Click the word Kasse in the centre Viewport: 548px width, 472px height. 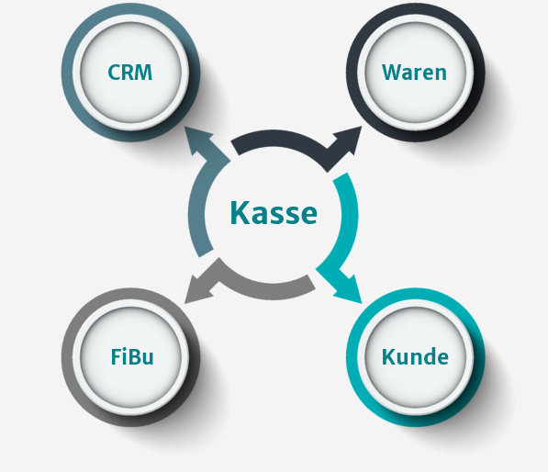274,213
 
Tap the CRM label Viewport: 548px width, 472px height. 130,73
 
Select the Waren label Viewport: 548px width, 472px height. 414,73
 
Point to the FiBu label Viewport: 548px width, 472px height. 132,356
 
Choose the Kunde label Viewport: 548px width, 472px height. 415,356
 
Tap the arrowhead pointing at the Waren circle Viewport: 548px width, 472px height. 348,140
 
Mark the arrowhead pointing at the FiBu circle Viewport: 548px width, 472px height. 198,289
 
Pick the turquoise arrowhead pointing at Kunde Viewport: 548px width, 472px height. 349,289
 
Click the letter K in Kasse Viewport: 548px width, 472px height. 240,213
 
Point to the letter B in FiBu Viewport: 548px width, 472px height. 136,356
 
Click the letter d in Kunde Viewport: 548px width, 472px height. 428,356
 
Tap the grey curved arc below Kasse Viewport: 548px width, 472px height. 265,291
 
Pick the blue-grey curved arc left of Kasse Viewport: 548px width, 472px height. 196,209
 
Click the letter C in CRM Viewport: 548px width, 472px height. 114,73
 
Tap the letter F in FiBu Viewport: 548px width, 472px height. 116,356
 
